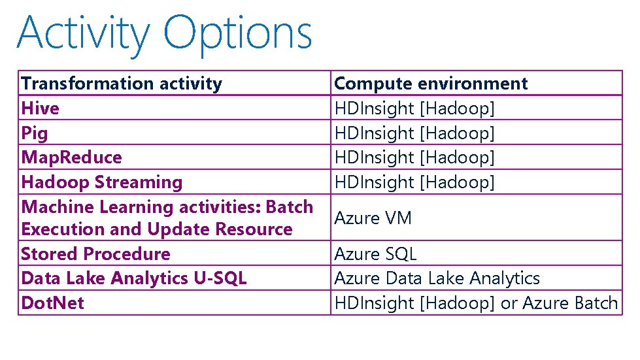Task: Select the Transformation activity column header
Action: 122,84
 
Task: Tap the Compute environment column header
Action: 431,84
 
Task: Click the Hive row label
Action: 40,108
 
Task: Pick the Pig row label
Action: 35,133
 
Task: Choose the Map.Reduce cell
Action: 71,157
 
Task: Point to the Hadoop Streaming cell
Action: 102,182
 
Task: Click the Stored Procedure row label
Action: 95,254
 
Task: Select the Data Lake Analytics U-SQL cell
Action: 134,278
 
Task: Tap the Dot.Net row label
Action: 52,303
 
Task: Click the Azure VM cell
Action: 373,218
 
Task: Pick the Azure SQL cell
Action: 375,254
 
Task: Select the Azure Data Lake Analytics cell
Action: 437,278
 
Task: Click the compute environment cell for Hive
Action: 414,108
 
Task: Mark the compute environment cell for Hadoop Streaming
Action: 414,182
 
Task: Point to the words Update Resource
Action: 220,230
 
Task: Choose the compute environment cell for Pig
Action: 414,133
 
